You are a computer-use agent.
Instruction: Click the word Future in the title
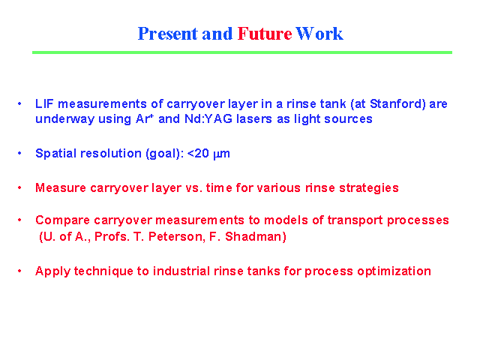(265, 34)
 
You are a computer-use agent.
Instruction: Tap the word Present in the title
(168, 34)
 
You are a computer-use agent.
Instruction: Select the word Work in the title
(319, 34)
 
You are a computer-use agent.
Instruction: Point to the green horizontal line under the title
(242, 52)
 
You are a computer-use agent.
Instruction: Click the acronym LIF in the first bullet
(44, 104)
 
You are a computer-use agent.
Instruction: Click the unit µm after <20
(221, 154)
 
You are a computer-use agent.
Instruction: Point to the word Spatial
(55, 154)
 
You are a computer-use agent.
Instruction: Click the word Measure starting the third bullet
(61, 188)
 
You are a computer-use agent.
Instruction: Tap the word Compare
(63, 220)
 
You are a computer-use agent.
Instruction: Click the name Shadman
(256, 237)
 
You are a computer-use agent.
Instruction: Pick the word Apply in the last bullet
(52, 271)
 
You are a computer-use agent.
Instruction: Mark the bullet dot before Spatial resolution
(19, 153)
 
